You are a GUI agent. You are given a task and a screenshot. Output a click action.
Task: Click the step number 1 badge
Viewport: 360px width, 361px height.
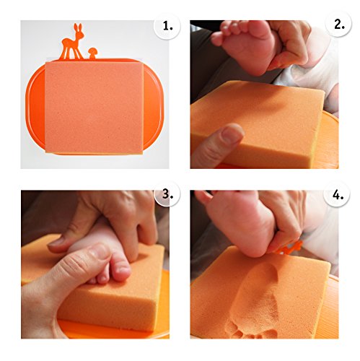167,26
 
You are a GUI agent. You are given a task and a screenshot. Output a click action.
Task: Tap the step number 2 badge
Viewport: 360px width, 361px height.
338,24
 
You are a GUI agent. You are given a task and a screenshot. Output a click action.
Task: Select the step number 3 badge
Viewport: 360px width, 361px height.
167,193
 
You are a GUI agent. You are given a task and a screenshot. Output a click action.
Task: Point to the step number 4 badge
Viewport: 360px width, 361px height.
337,195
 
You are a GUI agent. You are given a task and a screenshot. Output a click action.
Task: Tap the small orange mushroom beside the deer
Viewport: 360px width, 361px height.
92,53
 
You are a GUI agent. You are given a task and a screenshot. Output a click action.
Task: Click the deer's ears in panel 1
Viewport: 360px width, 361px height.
78,27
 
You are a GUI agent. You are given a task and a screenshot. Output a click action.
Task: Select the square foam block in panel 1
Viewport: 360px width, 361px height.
95,108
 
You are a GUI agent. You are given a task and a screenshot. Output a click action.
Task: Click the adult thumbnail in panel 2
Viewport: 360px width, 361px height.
232,134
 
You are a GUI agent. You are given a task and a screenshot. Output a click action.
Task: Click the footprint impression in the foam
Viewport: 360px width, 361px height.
255,302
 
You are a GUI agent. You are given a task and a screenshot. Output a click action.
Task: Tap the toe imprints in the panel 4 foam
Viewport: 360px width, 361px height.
250,331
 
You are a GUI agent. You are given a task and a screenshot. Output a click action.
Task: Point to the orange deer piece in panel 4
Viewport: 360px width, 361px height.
289,248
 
